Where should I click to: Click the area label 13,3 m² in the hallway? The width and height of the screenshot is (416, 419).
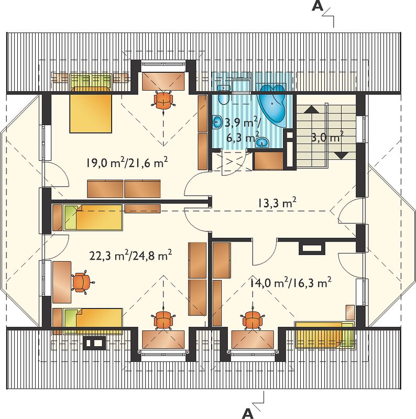pyautogui.click(x=277, y=203)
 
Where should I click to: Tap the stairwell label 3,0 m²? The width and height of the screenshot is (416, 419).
pyautogui.click(x=327, y=137)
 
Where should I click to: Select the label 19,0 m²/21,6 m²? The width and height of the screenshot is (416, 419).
pyautogui.click(x=127, y=162)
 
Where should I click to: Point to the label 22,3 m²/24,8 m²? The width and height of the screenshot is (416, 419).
pyautogui.click(x=130, y=255)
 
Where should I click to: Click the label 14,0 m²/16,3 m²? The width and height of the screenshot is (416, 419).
pyautogui.click(x=291, y=282)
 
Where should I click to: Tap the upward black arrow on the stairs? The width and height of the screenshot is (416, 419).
pyautogui.click(x=311, y=109)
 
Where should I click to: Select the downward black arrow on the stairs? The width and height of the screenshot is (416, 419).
pyautogui.click(x=342, y=155)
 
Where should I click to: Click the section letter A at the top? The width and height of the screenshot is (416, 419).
pyautogui.click(x=318, y=6)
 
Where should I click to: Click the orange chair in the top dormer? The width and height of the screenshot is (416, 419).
pyautogui.click(x=163, y=101)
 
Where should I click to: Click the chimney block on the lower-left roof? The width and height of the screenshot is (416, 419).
pyautogui.click(x=94, y=343)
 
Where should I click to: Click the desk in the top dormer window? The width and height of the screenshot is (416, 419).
pyautogui.click(x=163, y=81)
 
